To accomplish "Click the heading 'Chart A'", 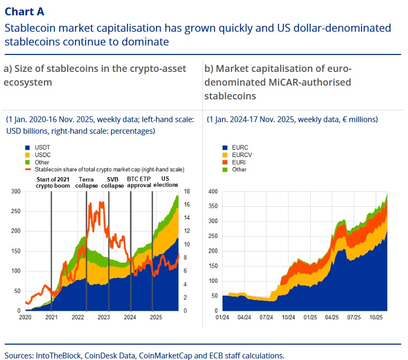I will point(24,11).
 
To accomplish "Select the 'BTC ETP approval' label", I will point(139,182).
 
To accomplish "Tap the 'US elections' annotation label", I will point(165,182).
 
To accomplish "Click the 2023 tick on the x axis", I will point(104,317).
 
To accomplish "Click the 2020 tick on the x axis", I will point(26,317).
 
